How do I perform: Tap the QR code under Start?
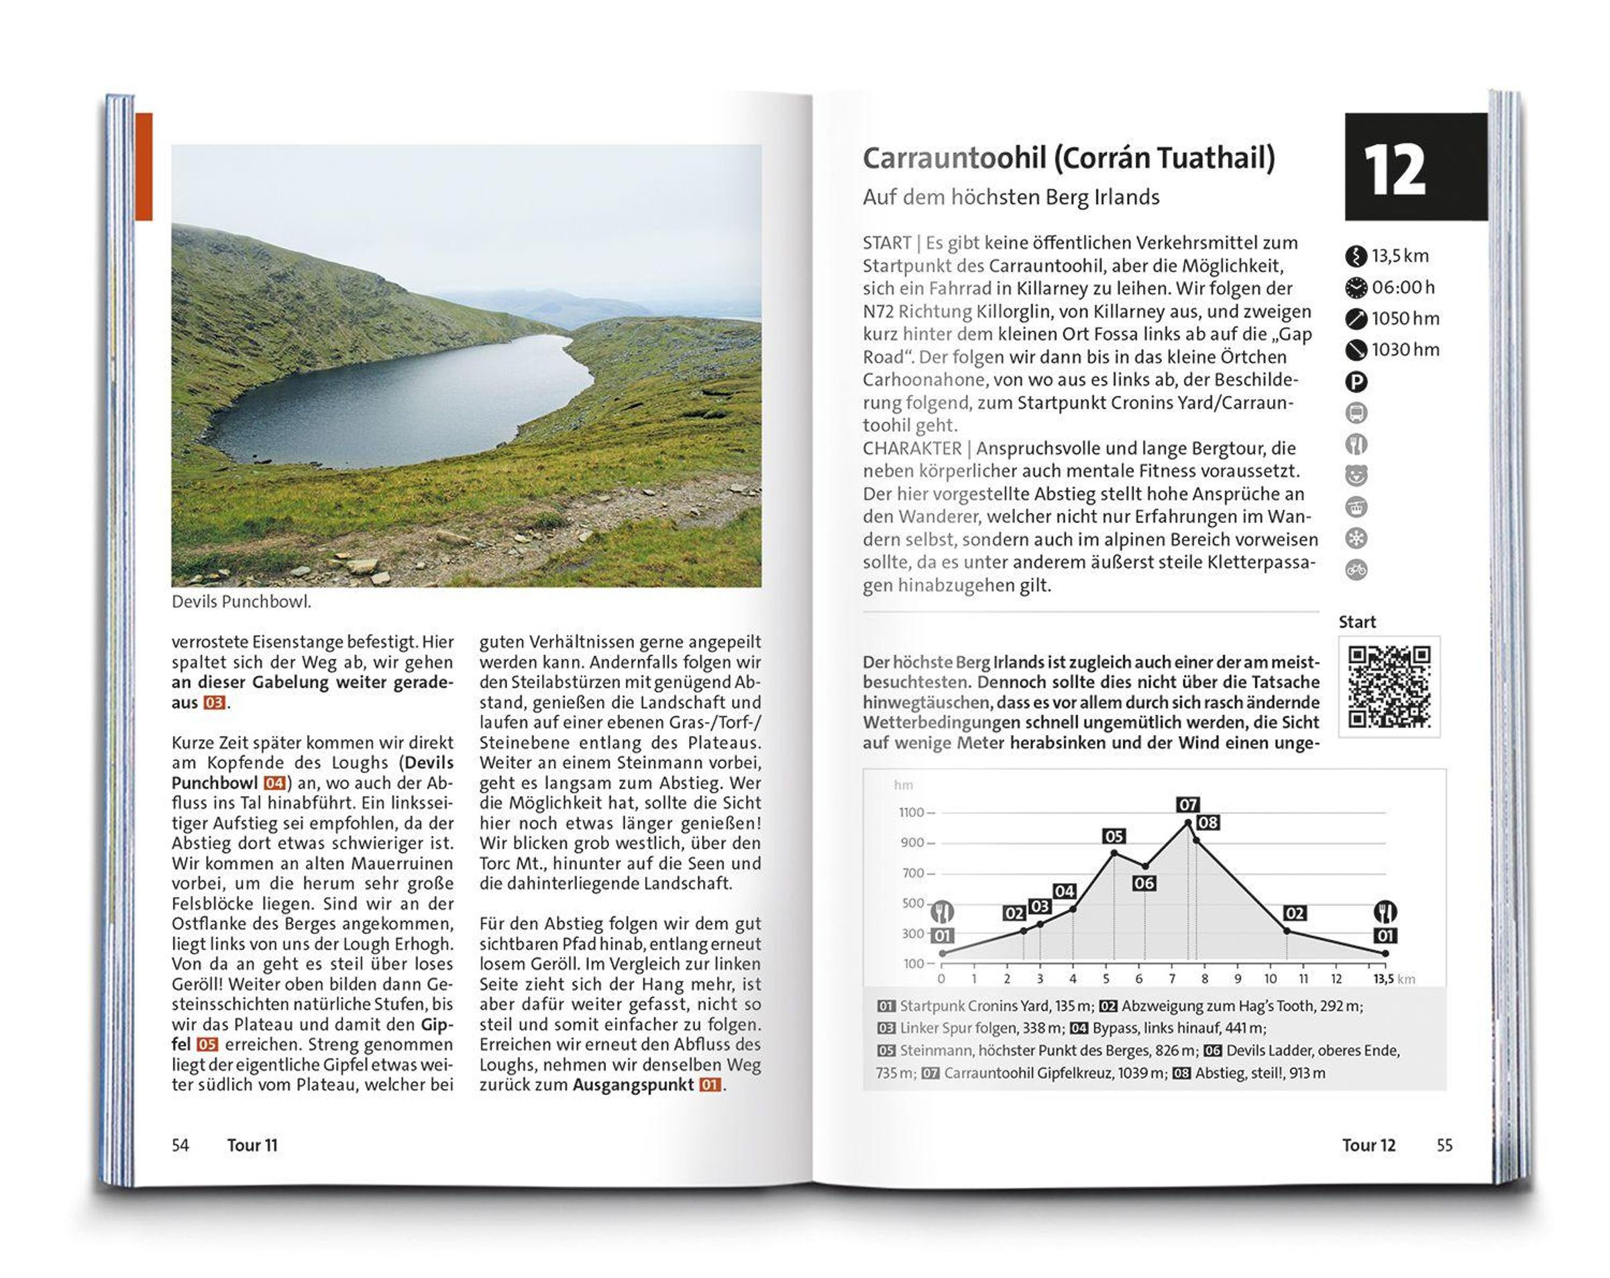point(1389,687)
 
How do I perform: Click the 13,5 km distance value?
point(1400,256)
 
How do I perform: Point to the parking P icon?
point(1356,382)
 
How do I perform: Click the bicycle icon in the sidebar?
point(1356,569)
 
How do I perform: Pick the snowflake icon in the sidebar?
point(1356,538)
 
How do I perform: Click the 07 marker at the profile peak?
point(1187,805)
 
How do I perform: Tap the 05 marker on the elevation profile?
point(1114,836)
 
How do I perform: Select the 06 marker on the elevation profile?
point(1143,883)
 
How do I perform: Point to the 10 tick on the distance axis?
point(1271,979)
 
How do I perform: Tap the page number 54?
point(180,1145)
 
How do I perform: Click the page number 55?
point(1444,1145)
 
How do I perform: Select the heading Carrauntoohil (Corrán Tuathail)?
point(1069,158)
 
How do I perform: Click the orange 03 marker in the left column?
point(213,703)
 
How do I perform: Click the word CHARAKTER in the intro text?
point(910,449)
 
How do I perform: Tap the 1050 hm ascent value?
point(1405,318)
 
